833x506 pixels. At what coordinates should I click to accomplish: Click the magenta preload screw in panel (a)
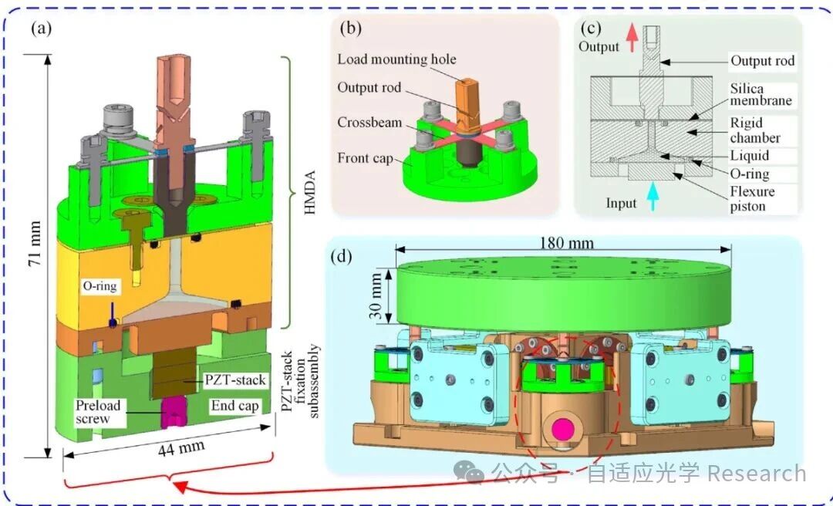point(173,411)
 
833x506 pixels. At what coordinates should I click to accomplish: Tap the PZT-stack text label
point(235,380)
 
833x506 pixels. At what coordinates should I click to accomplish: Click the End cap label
point(234,406)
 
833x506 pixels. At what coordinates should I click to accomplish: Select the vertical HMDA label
point(310,192)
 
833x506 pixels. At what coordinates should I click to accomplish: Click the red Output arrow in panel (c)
point(632,39)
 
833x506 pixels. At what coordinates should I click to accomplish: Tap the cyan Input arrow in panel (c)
point(653,201)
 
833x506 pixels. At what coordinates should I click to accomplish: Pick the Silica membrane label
point(760,94)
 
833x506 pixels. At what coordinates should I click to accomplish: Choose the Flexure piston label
point(752,199)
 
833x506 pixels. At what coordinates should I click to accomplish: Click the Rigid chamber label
point(755,130)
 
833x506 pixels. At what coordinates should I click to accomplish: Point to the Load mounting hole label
point(397,59)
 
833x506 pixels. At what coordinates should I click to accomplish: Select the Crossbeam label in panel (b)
point(369,122)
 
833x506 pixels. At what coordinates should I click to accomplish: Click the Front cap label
point(365,158)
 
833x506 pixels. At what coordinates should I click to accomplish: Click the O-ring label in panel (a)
point(99,286)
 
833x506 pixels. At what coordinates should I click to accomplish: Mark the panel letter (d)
point(342,258)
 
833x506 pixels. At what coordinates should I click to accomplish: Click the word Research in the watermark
point(757,473)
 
